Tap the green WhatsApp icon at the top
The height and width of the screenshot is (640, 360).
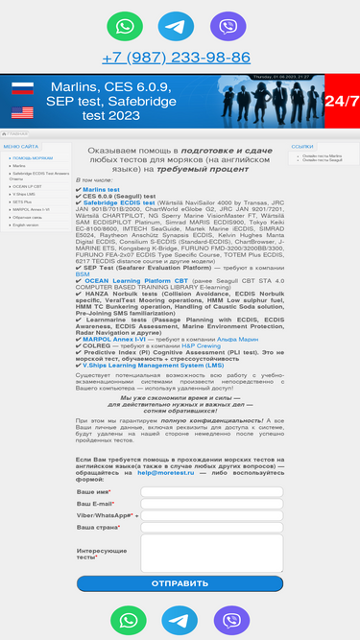coord(124,26)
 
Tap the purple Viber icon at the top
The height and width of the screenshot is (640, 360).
coord(228,26)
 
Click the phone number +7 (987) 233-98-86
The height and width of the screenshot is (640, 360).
coord(176,58)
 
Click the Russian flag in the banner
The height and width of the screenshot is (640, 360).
coord(22,90)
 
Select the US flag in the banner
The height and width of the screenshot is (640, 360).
coord(22,111)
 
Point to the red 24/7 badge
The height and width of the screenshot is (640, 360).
coord(342,101)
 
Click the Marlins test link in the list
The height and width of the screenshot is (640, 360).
coord(101,190)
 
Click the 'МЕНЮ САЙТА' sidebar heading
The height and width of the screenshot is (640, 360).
coord(21,146)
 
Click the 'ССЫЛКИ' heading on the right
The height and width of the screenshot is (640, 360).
coord(302,147)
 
